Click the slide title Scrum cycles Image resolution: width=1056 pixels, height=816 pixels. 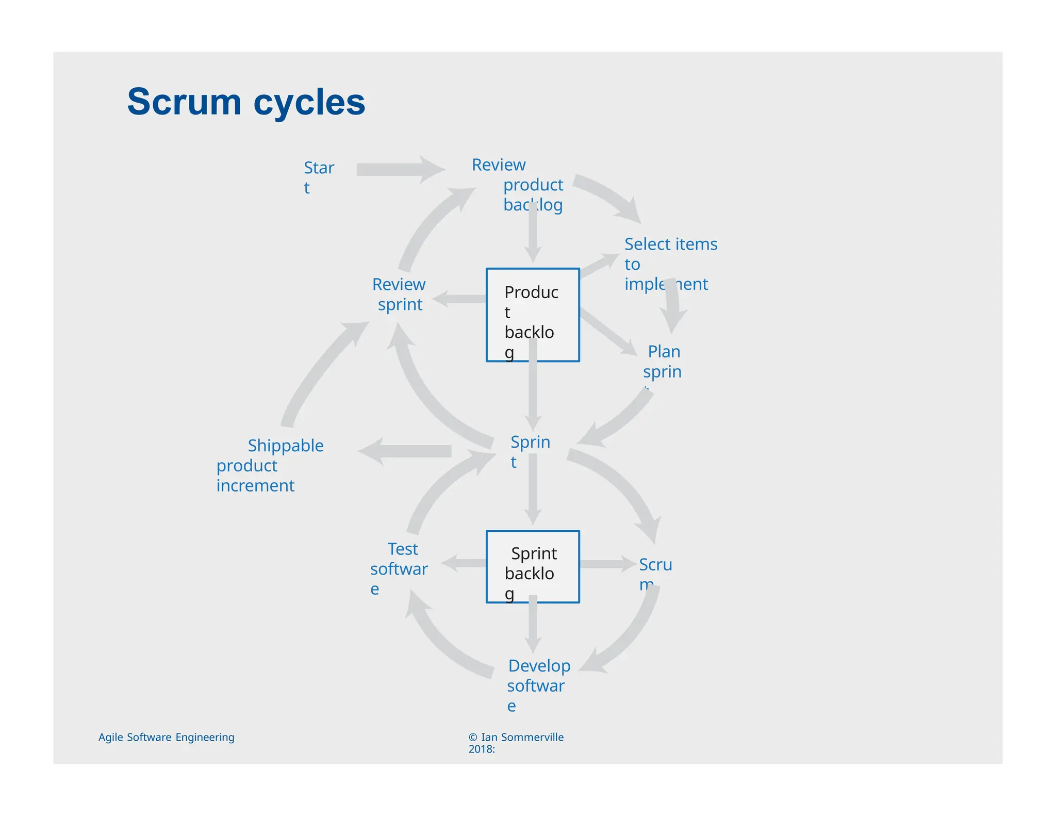click(246, 102)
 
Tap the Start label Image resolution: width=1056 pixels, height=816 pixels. click(318, 176)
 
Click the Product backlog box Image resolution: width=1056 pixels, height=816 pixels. click(533, 315)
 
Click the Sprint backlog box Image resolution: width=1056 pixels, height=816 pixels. click(533, 566)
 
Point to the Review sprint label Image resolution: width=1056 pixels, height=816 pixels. click(399, 294)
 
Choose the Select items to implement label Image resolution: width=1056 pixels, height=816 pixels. click(670, 264)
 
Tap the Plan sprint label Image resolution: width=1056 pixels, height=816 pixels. click(663, 362)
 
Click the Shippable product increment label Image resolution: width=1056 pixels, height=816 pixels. click(269, 465)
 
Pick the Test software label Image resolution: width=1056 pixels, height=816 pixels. click(399, 568)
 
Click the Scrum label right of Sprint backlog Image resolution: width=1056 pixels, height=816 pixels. click(655, 573)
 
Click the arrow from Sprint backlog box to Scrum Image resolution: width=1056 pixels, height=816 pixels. click(606, 564)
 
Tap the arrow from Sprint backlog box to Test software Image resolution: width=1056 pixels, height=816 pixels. click(464, 563)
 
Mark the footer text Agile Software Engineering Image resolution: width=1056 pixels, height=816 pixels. click(166, 737)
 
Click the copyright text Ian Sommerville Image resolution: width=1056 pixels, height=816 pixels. click(516, 742)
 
